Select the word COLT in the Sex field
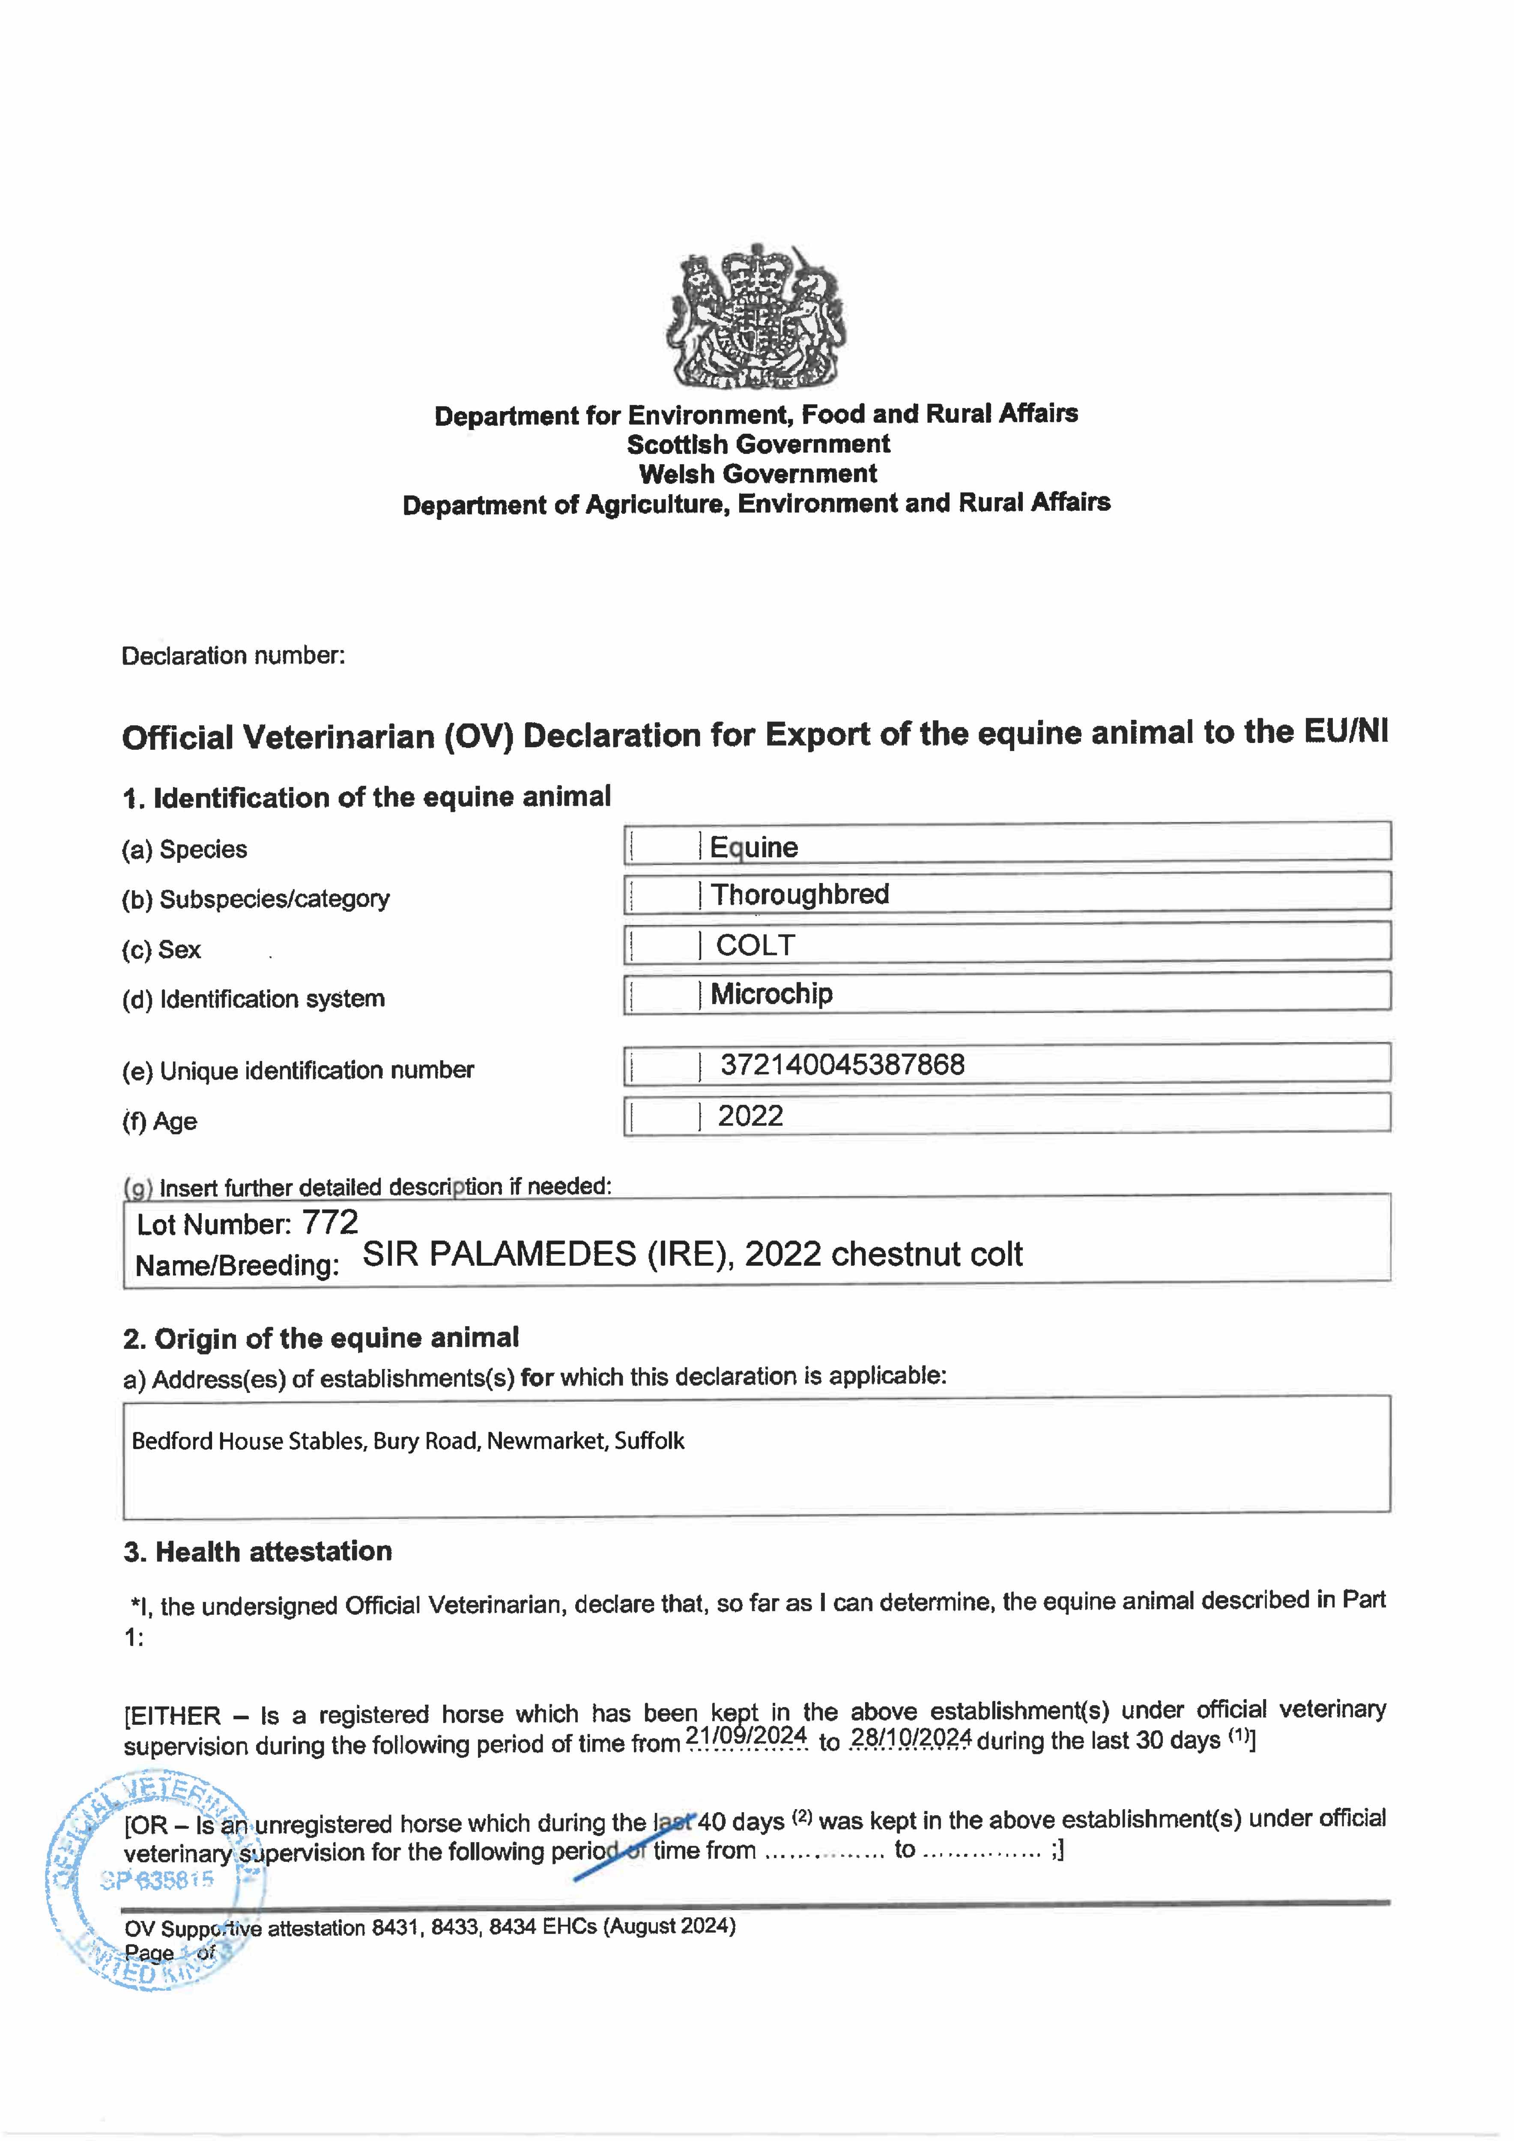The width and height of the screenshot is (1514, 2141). [x=755, y=945]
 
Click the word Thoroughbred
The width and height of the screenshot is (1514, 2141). [x=800, y=894]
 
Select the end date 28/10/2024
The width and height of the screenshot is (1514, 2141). [x=911, y=1738]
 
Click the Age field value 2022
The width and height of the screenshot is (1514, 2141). [x=750, y=1116]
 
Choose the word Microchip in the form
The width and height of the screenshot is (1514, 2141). [x=771, y=994]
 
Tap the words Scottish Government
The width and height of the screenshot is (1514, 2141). [x=758, y=444]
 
